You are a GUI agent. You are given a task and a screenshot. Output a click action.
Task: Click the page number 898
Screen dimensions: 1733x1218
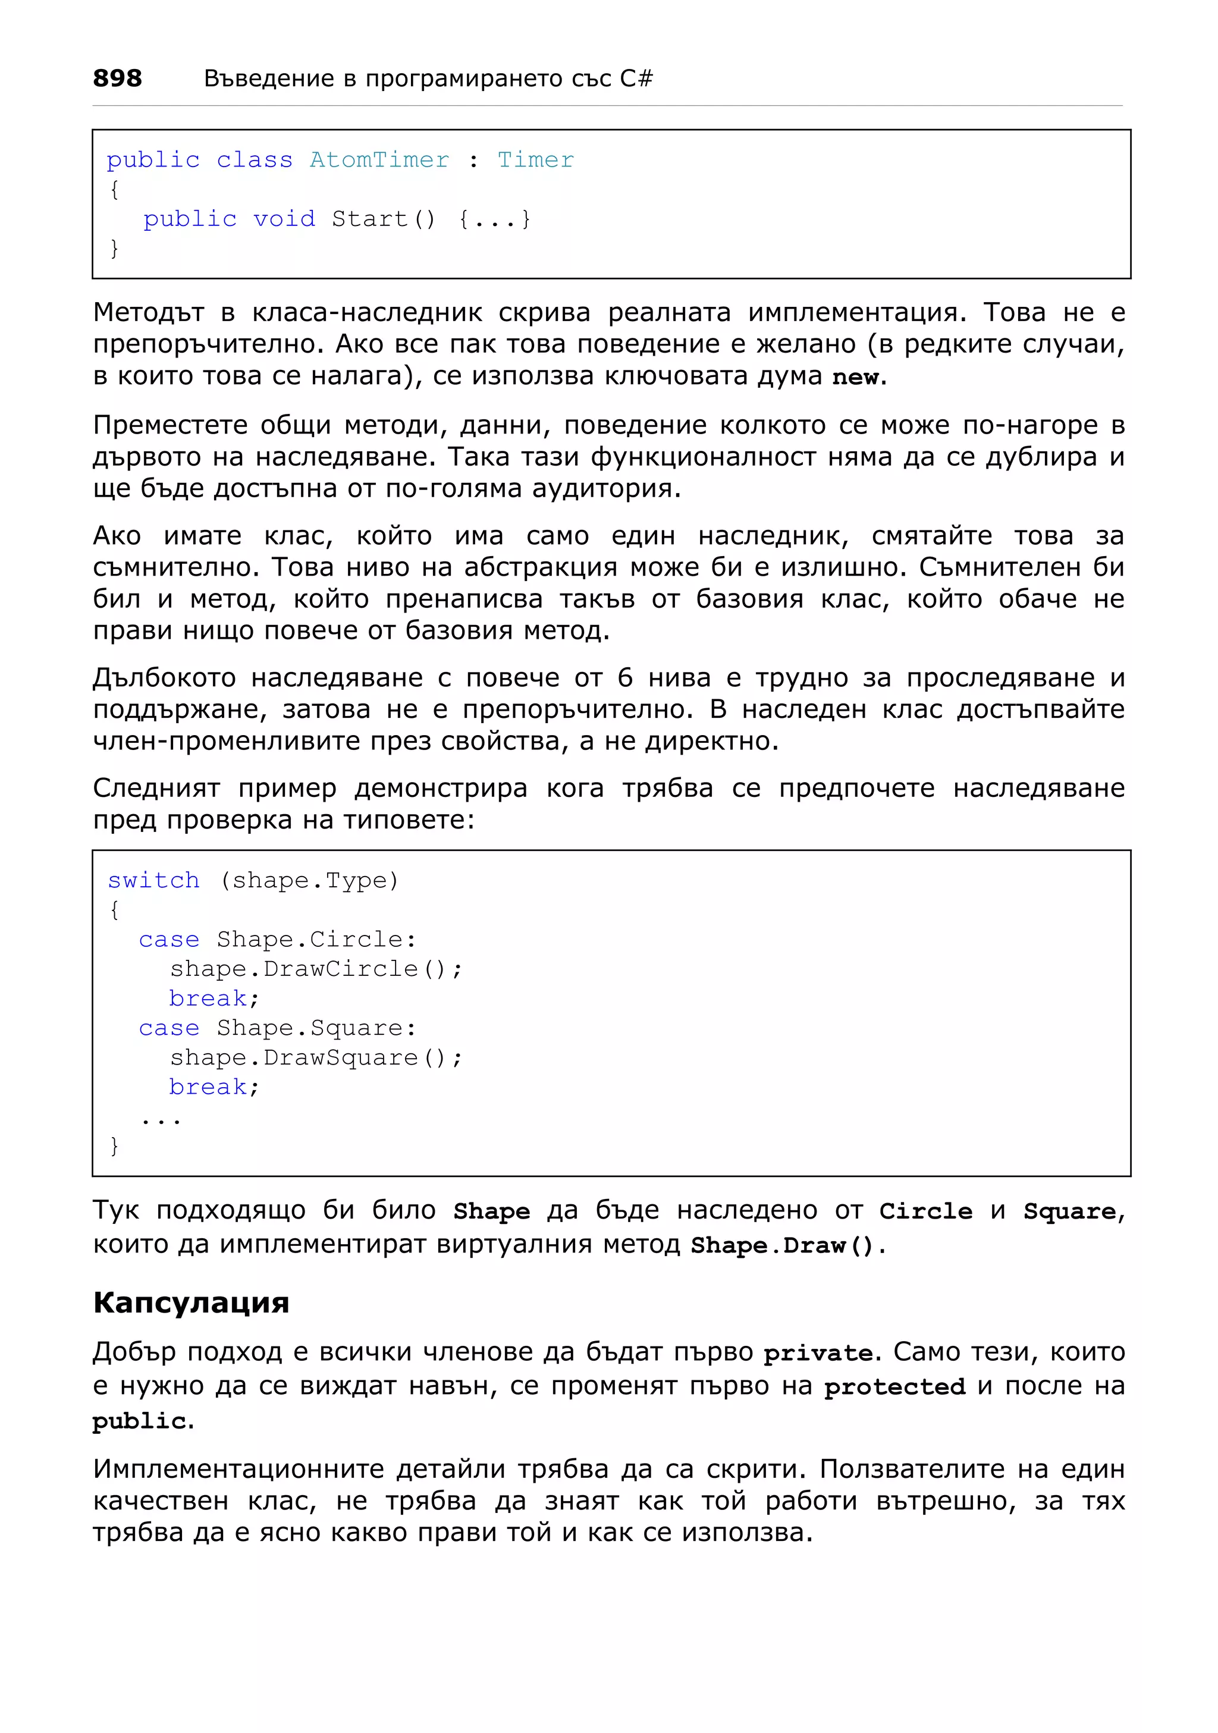[117, 78]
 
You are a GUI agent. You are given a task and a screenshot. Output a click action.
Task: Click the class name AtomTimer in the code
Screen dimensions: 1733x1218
[379, 160]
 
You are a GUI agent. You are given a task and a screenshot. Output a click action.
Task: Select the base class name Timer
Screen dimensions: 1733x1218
[535, 160]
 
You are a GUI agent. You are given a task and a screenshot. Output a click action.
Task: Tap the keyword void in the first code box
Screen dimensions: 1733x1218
[284, 219]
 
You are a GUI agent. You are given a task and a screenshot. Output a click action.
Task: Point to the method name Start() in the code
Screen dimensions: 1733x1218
[384, 219]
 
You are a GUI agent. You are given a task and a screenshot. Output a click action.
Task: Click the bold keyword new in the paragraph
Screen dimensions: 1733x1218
[856, 376]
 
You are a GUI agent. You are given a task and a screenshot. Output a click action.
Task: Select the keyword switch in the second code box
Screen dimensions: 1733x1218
[153, 880]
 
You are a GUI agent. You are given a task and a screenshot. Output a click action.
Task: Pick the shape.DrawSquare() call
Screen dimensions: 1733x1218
[315, 1057]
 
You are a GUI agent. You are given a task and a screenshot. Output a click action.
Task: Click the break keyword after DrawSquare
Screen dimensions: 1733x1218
[208, 1087]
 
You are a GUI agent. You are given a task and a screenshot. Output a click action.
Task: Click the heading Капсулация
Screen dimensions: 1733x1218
[191, 1303]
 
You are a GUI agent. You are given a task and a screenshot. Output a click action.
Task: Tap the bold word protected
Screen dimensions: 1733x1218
[894, 1386]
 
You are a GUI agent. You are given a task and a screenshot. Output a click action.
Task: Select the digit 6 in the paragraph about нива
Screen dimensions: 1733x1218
[625, 678]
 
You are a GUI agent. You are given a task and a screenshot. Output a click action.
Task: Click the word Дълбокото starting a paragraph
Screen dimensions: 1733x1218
[164, 678]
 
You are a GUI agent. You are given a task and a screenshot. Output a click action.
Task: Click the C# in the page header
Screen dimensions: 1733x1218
[636, 78]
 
